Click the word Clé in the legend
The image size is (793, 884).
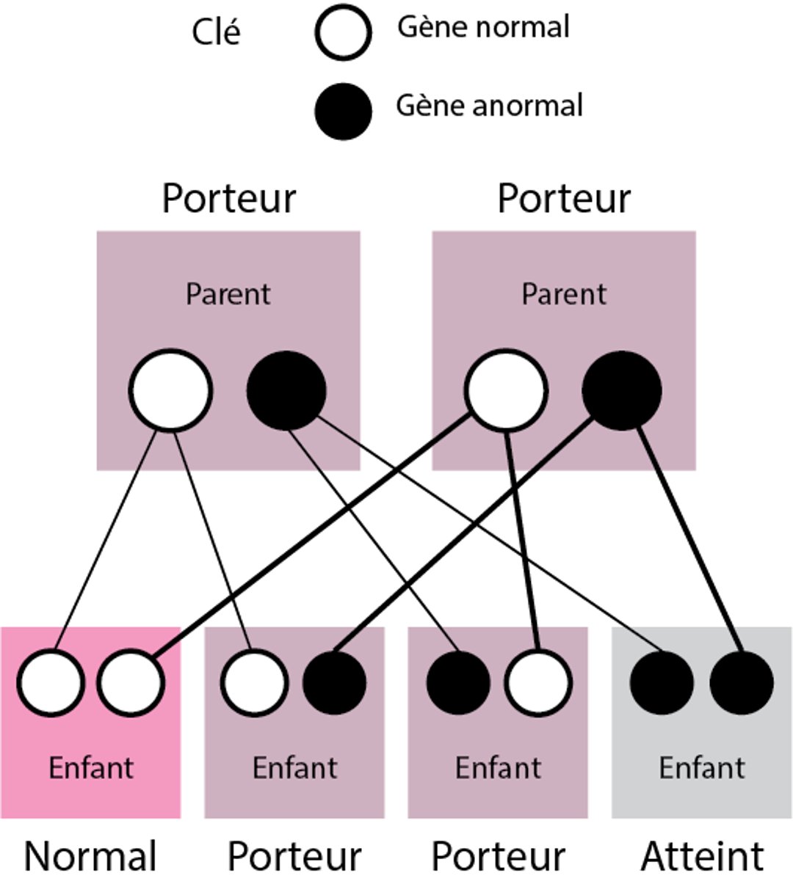tap(216, 33)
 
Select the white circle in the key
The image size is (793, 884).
tap(343, 33)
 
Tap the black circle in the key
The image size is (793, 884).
tap(343, 111)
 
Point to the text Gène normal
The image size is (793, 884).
tap(483, 28)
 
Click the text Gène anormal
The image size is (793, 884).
tap(489, 106)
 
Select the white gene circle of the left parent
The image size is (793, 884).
tap(170, 390)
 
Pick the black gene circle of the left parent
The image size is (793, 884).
tap(286, 390)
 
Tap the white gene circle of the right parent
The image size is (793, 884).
tap(505, 390)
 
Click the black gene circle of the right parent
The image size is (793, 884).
tap(621, 390)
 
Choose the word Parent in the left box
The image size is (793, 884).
tap(228, 294)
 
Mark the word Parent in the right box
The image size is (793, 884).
tap(563, 294)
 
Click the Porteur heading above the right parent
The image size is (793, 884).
tap(563, 198)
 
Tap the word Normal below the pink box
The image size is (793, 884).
tap(90, 856)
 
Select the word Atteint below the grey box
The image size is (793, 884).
tap(702, 856)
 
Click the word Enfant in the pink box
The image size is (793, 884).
tap(91, 768)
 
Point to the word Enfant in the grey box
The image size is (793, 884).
tap(701, 768)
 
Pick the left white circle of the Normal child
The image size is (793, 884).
tap(50, 682)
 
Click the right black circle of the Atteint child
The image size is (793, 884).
tap(742, 682)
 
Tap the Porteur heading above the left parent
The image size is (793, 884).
tap(228, 198)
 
